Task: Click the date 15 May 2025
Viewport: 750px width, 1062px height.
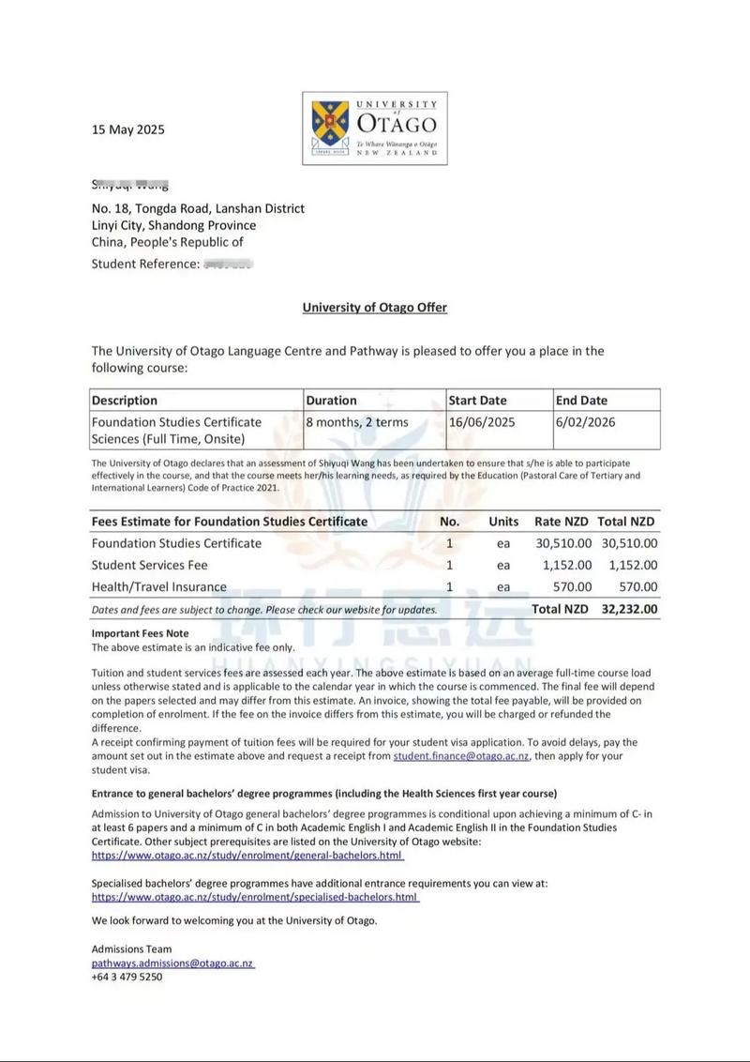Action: click(x=127, y=129)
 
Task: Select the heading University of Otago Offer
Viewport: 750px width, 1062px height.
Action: click(x=374, y=307)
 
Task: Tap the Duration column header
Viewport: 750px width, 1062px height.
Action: click(x=331, y=400)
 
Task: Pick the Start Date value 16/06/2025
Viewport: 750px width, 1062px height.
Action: click(x=484, y=422)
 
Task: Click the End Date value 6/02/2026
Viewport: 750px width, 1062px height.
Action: click(x=585, y=422)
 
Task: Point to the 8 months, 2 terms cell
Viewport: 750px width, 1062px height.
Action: click(x=357, y=422)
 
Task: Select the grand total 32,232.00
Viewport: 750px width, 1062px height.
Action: click(x=628, y=609)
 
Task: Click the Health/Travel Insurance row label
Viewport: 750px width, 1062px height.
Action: click(x=158, y=587)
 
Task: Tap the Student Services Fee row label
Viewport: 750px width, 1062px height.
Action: click(x=149, y=565)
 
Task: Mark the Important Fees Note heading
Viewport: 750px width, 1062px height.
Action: click(x=140, y=634)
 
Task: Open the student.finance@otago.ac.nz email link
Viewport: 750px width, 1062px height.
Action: click(x=460, y=756)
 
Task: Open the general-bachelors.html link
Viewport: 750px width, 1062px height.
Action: click(x=247, y=856)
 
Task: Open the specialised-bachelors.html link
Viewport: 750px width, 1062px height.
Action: click(x=255, y=897)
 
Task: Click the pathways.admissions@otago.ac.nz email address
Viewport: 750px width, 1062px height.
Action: click(x=172, y=963)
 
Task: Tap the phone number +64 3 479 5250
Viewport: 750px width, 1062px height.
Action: click(x=127, y=977)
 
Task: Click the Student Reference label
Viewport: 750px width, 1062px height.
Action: click(x=145, y=264)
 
